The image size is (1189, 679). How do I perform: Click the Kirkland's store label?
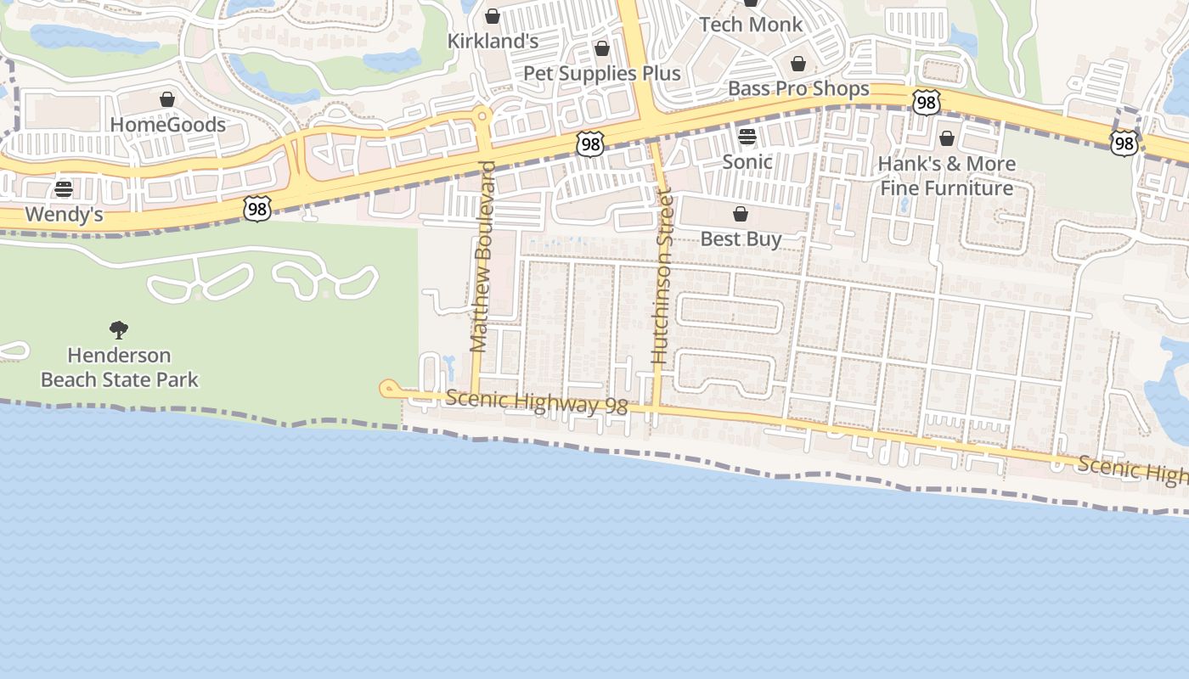493,41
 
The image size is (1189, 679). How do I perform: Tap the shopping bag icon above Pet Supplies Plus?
602,48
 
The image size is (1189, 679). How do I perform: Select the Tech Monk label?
751,25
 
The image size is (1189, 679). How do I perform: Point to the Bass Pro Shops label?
798,88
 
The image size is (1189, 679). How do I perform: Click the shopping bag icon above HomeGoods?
167,100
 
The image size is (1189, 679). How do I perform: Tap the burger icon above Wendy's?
64,188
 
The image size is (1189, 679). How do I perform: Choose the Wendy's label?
64,214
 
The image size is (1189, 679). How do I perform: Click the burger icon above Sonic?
747,137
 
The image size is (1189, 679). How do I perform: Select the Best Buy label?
741,239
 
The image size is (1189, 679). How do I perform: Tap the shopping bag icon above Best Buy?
741,214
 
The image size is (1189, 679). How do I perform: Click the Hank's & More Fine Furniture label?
946,176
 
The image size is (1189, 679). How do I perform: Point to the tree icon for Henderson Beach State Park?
119,329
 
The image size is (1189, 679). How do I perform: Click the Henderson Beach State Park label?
119,368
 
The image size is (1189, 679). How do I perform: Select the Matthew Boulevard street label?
482,256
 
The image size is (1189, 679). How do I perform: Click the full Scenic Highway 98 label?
536,402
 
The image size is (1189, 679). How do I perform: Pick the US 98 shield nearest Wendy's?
256,209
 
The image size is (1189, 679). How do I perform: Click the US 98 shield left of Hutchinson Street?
589,143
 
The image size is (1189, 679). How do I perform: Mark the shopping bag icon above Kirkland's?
493,16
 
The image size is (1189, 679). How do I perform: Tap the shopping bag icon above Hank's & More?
947,138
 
